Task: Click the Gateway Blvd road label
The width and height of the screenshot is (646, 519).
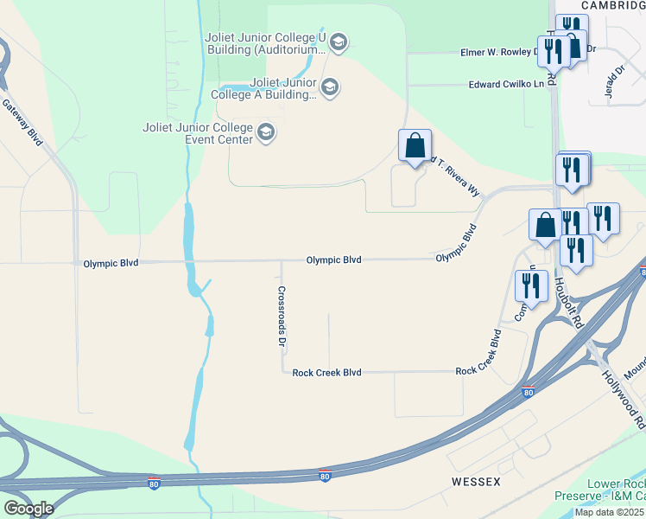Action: pyautogui.click(x=22, y=121)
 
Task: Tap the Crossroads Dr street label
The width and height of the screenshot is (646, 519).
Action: pyautogui.click(x=282, y=317)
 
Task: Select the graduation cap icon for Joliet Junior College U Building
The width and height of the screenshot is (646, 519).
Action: pyautogui.click(x=338, y=42)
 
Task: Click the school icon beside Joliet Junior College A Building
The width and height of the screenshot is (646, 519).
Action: pyautogui.click(x=329, y=86)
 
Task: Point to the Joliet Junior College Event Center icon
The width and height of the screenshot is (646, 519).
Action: pyautogui.click(x=266, y=133)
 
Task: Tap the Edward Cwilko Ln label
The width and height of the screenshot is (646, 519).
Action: pyautogui.click(x=507, y=84)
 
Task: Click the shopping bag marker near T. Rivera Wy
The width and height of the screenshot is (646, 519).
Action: pyautogui.click(x=415, y=145)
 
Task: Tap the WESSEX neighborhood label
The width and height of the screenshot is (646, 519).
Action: pyautogui.click(x=476, y=479)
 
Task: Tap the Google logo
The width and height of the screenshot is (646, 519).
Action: pyautogui.click(x=28, y=508)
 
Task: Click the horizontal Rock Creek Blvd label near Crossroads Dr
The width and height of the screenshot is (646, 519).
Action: pyautogui.click(x=326, y=372)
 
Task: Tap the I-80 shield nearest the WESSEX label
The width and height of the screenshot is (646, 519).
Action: pyautogui.click(x=325, y=476)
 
